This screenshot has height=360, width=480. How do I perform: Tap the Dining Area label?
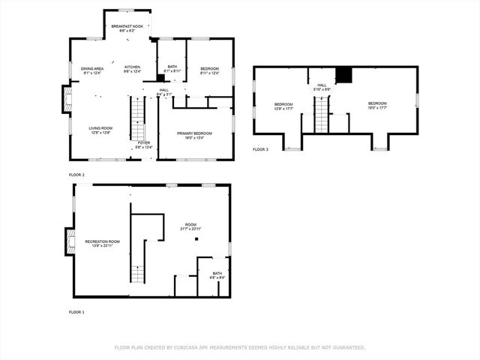coord(92,70)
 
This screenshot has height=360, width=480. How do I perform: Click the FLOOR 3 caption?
coord(259,150)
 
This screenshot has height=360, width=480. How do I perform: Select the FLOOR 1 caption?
coord(76,311)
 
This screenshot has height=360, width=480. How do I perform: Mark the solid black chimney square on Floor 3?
coord(343,74)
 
